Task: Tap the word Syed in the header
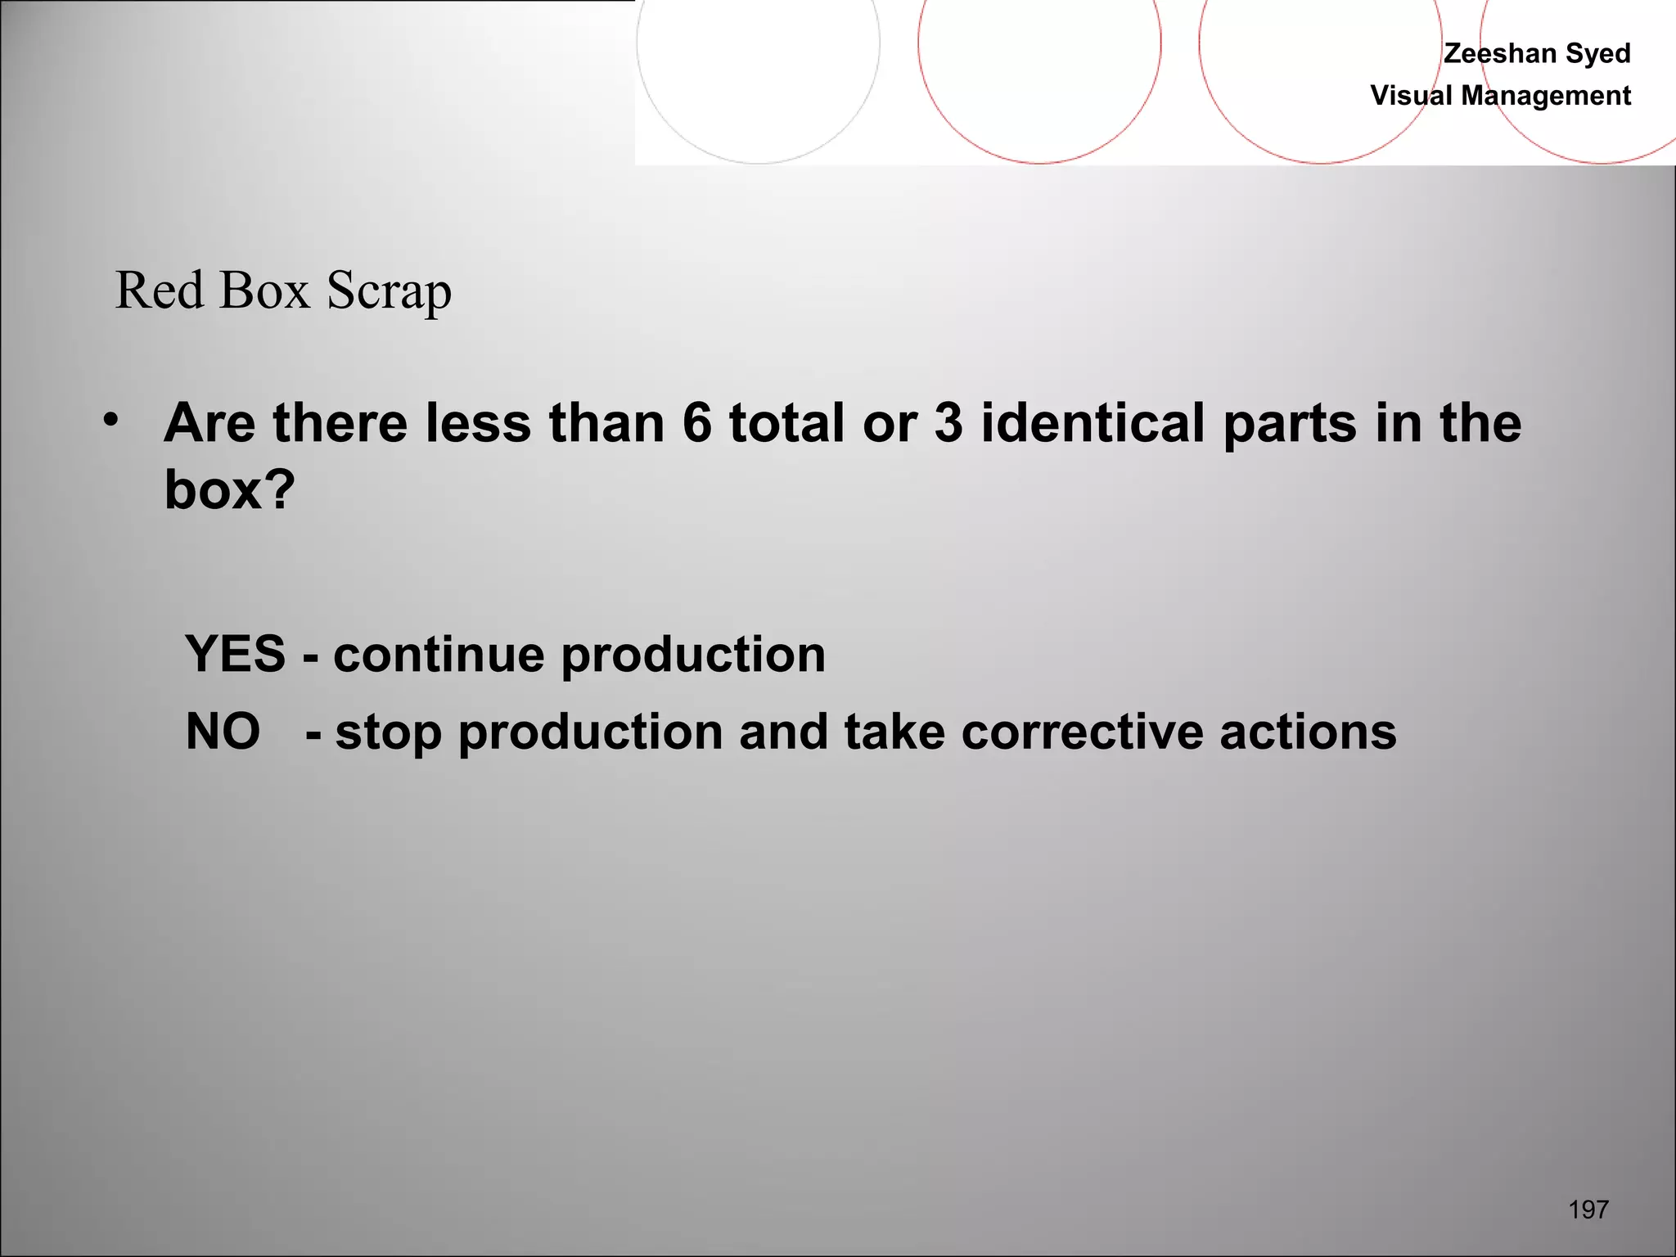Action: click(x=1597, y=53)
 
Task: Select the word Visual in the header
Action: click(x=1411, y=96)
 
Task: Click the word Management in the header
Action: click(x=1546, y=96)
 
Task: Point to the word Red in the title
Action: click(x=159, y=291)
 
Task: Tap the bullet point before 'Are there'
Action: click(x=111, y=421)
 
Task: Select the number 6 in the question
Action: click(x=696, y=423)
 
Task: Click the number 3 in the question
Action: click(x=948, y=423)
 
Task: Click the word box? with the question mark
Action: click(x=229, y=489)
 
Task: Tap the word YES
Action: click(x=236, y=655)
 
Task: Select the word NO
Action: click(x=223, y=731)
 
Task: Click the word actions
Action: click(x=1308, y=732)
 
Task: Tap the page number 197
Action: click(x=1588, y=1210)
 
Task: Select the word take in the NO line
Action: click(x=894, y=732)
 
